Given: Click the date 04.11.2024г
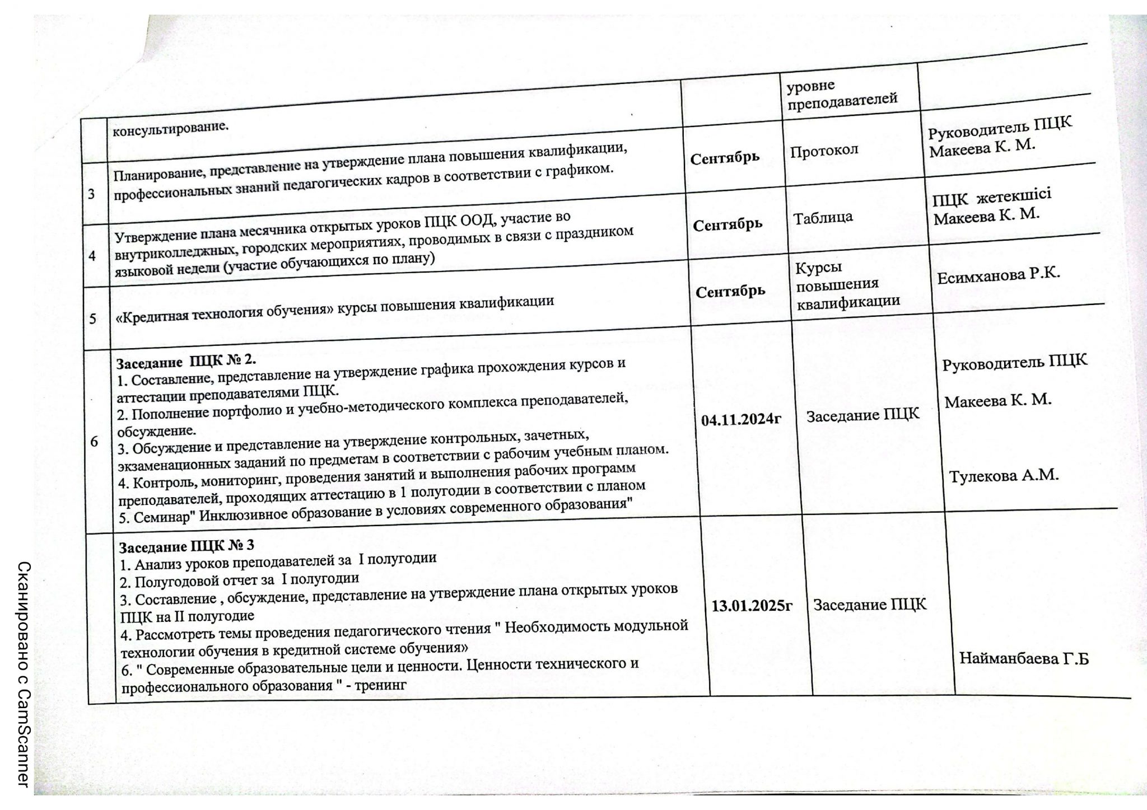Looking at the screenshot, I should point(741,420).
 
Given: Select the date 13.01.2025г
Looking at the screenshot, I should point(752,606).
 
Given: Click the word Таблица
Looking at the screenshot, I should point(823,217).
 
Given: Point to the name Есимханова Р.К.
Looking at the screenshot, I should point(999,275).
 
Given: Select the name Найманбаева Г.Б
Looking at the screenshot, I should point(1024,658).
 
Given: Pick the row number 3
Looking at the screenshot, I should point(91,194).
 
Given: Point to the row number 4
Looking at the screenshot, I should point(92,255).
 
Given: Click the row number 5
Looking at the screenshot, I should point(93,318).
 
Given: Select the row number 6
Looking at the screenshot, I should point(94,442).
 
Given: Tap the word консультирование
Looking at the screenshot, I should point(171,130).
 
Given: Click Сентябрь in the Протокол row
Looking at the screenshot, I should point(725,157).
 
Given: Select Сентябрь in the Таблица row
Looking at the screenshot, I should point(728,224).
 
